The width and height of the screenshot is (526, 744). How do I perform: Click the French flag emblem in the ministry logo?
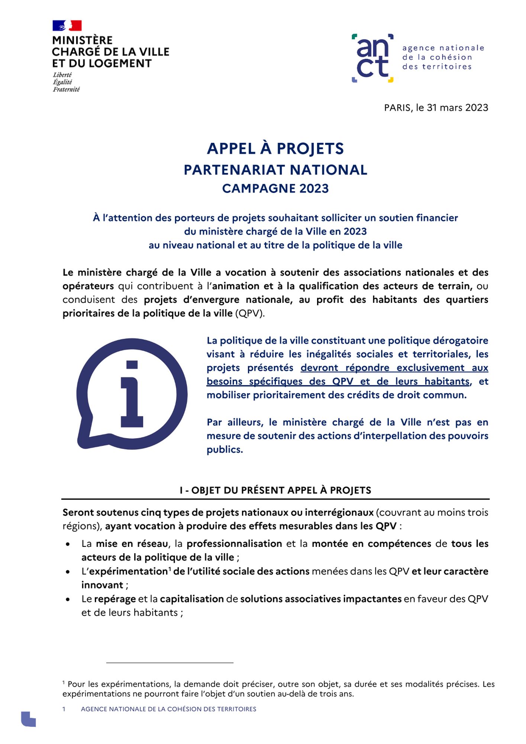(67, 26)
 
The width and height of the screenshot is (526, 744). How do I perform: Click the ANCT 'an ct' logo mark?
(372, 58)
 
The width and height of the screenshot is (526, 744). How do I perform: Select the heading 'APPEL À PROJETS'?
(275, 148)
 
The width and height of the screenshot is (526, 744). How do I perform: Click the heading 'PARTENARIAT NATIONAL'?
(275, 170)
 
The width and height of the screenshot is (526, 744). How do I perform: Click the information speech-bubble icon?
(132, 394)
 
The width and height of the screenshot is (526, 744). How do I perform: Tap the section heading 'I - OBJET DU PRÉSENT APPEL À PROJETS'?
(275, 490)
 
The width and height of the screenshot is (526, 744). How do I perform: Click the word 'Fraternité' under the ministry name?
(66, 89)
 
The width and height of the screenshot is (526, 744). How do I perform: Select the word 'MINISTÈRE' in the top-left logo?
(82, 40)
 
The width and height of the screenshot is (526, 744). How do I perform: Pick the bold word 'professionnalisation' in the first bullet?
(234, 543)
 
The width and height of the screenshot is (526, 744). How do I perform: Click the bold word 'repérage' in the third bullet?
(115, 599)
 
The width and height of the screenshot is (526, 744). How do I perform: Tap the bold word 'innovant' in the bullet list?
(102, 585)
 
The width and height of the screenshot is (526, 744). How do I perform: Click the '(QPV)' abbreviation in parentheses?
(250, 313)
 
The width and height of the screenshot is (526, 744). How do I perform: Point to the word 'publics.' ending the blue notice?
(225, 449)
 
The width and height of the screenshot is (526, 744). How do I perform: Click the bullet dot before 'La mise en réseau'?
(68, 544)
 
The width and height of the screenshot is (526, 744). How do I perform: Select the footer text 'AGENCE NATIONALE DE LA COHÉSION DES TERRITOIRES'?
(168, 709)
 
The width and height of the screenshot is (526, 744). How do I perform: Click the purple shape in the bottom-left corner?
(28, 719)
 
